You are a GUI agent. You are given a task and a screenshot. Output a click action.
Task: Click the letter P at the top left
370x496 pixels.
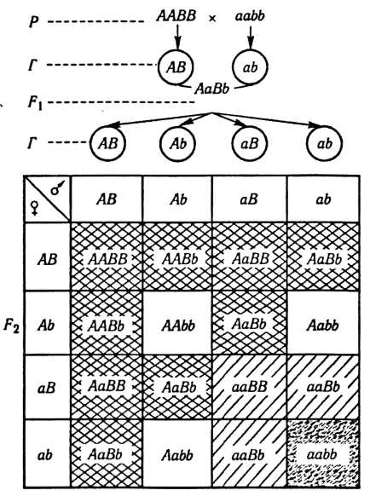tap(34, 22)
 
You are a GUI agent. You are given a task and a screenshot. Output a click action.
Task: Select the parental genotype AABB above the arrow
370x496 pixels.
tap(176, 15)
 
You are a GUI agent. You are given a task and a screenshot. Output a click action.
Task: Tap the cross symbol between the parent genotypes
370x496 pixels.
tap(212, 19)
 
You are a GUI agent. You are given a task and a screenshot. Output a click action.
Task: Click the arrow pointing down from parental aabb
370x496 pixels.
tap(251, 38)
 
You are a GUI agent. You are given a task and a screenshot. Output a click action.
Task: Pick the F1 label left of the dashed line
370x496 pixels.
tap(36, 103)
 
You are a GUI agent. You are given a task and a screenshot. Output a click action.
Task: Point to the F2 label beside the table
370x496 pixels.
tap(11, 326)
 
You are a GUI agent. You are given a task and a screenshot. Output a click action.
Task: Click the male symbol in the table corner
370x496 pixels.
tap(57, 187)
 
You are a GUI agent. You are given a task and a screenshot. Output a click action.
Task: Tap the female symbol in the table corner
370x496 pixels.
tap(34, 208)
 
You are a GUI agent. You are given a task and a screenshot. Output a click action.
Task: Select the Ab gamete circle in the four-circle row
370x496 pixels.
tap(177, 143)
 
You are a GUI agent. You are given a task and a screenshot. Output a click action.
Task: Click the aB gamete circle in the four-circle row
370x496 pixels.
tap(250, 143)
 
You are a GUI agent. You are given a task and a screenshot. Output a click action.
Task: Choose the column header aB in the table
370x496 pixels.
tap(250, 199)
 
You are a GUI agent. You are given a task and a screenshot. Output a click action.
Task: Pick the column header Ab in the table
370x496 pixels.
tap(179, 199)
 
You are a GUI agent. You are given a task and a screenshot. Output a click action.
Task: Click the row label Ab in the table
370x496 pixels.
tap(46, 326)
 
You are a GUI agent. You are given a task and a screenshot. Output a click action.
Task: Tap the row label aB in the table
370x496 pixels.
tap(47, 388)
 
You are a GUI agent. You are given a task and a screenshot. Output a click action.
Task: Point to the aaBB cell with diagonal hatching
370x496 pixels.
tap(250, 387)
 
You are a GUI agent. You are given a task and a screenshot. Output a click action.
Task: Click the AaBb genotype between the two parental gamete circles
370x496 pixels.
tap(211, 89)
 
